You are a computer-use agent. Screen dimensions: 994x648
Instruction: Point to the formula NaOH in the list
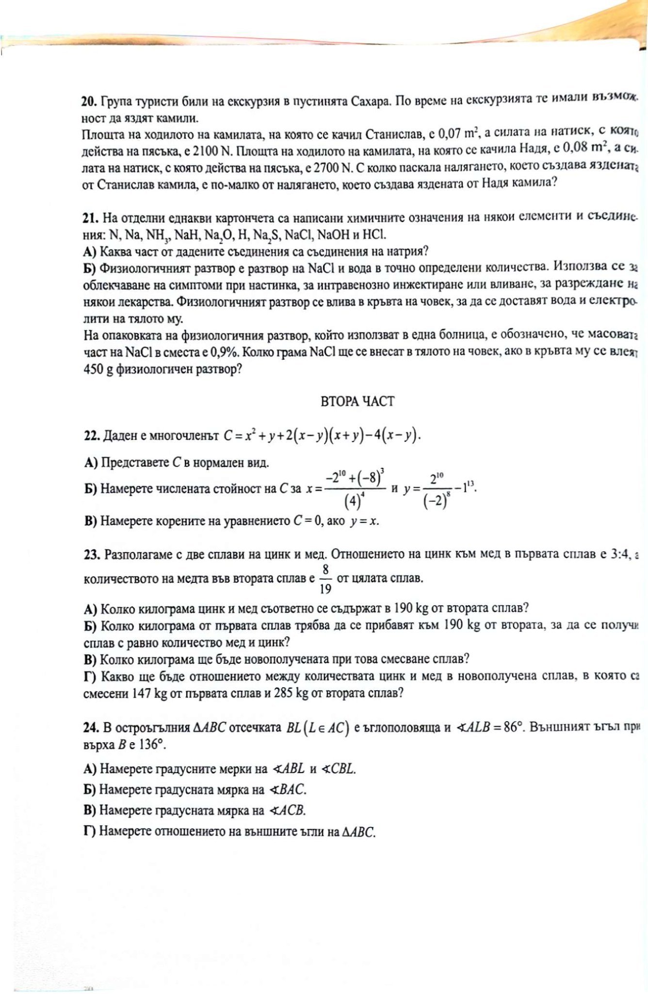click(334, 235)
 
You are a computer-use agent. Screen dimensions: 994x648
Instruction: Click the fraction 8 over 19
click(325, 579)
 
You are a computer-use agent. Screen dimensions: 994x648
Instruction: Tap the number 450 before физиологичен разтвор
click(93, 369)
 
